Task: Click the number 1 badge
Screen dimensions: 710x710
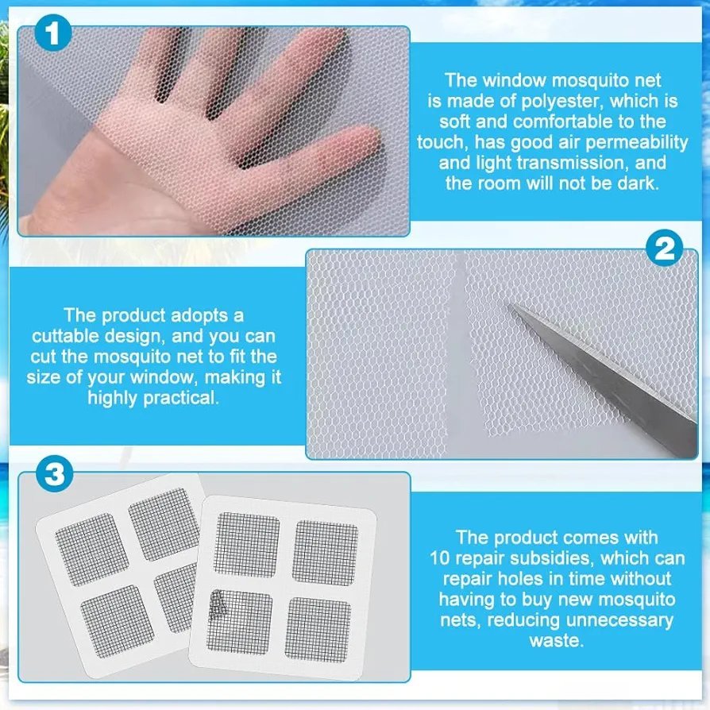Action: point(53,33)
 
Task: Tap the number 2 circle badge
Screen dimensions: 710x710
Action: point(664,248)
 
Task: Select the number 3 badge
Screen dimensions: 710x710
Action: point(54,474)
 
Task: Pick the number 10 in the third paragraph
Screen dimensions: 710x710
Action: point(440,558)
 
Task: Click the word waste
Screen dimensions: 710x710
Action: point(557,641)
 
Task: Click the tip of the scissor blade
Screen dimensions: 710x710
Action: point(510,305)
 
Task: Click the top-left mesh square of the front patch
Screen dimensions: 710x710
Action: point(247,545)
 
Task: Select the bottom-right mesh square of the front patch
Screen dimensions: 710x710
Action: point(318,629)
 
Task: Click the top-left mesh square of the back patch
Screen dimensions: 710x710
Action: point(92,549)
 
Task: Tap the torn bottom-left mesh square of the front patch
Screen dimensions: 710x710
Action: point(240,622)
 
